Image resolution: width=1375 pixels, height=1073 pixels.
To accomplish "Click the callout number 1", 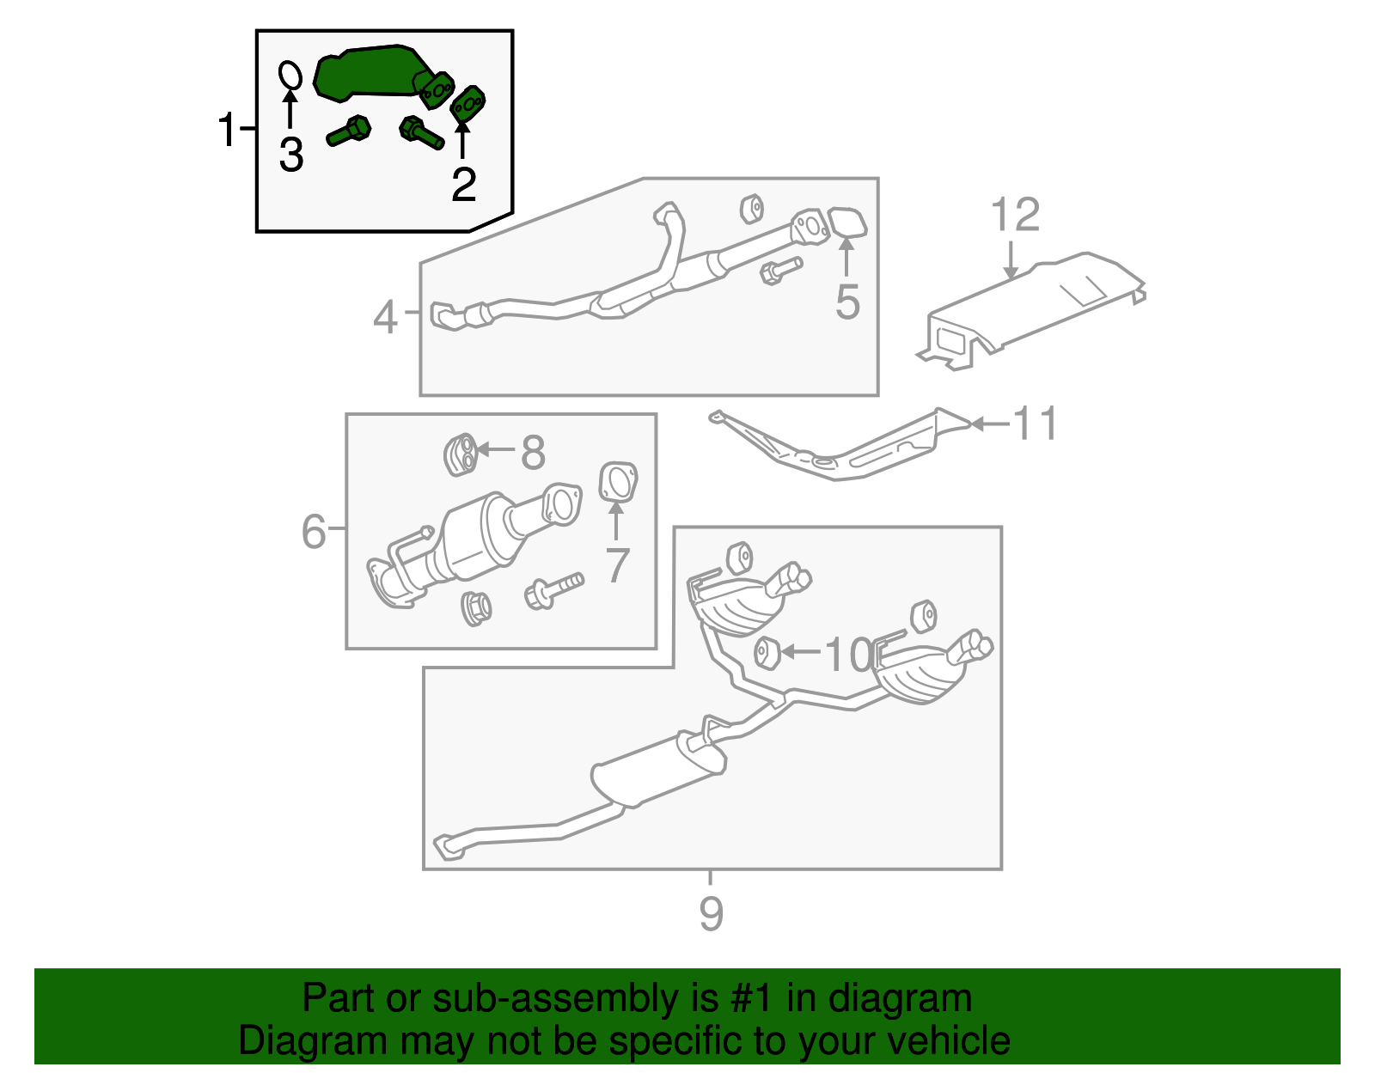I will tap(226, 131).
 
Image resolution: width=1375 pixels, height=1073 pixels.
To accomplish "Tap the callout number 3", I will tap(291, 155).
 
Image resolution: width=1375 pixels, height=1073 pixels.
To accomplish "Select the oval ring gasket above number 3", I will tap(290, 75).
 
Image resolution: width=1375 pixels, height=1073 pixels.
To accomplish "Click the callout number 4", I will tap(385, 317).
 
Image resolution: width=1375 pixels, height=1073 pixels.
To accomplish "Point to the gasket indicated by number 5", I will tap(848, 223).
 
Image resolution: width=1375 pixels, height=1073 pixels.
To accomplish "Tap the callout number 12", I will tap(1015, 215).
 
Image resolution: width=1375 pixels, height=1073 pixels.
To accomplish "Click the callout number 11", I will tap(1036, 424).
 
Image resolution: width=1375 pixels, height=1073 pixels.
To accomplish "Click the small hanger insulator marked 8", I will tap(461, 454).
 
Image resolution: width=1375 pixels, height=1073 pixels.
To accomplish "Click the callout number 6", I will tap(314, 531).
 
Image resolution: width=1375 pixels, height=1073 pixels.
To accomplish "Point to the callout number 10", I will tap(847, 655).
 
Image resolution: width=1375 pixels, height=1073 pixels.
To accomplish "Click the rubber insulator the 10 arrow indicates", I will tap(767, 653).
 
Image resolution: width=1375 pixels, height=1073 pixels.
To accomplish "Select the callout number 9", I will tap(711, 912).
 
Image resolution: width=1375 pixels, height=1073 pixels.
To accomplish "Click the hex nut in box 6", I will tap(475, 608).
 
